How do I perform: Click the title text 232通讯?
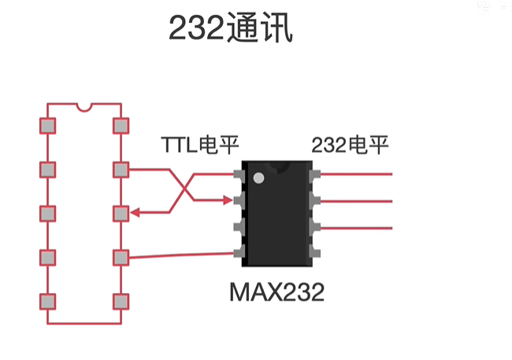tap(231, 29)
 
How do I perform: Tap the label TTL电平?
tap(200, 145)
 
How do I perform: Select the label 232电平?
tap(350, 145)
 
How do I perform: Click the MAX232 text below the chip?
tap(277, 293)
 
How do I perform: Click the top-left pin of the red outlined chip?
tap(48, 125)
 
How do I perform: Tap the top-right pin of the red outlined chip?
tap(121, 125)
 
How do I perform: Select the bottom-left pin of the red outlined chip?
tap(48, 302)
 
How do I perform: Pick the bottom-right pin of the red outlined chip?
tap(121, 302)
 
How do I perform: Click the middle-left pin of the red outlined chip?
tap(48, 213)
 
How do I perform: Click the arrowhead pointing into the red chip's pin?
tap(135, 213)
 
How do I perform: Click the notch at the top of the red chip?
tap(84, 106)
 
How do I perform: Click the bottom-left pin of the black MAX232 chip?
tap(239, 252)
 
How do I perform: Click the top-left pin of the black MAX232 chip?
tap(239, 174)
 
